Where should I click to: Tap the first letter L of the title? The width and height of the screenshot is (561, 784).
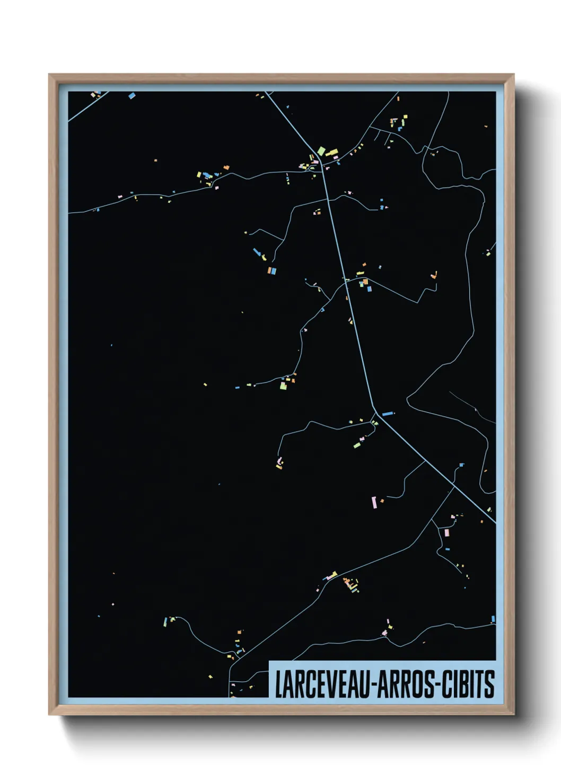(x=278, y=684)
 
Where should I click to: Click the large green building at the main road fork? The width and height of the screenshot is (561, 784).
(x=321, y=151)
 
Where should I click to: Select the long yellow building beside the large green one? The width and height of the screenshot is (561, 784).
(x=332, y=153)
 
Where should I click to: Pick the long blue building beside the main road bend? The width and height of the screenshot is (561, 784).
(x=388, y=413)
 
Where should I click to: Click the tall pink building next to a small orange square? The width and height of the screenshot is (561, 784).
(x=374, y=502)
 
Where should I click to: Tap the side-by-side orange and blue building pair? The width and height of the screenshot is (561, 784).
(x=271, y=271)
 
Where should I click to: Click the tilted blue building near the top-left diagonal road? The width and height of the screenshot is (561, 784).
(x=132, y=96)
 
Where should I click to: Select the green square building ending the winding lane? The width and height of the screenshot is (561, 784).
(x=283, y=386)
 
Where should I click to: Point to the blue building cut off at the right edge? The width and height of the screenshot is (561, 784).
(x=493, y=619)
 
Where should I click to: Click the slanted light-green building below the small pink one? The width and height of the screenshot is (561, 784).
(x=357, y=446)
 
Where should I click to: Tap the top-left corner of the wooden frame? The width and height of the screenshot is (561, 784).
(x=49, y=75)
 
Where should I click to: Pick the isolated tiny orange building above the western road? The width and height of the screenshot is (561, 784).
(x=155, y=160)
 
